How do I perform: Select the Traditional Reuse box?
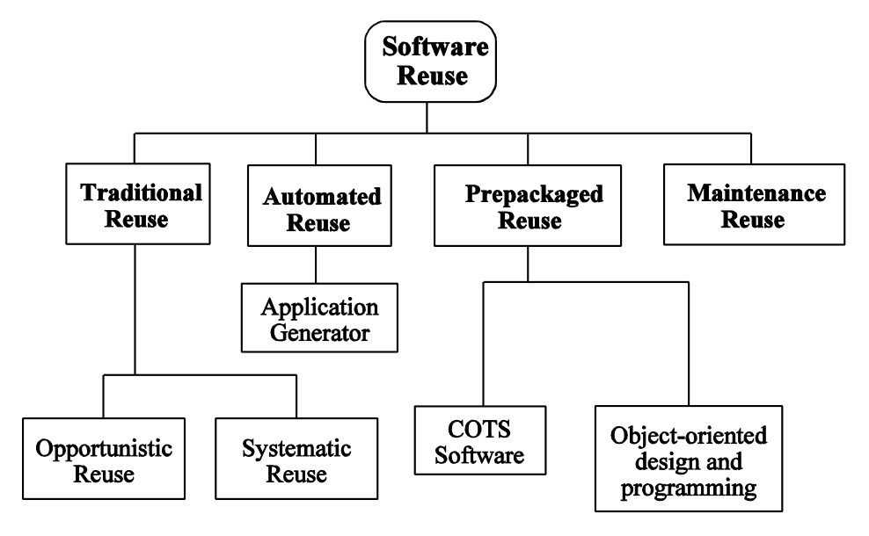click(x=134, y=204)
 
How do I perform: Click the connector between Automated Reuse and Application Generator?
click(x=315, y=264)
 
